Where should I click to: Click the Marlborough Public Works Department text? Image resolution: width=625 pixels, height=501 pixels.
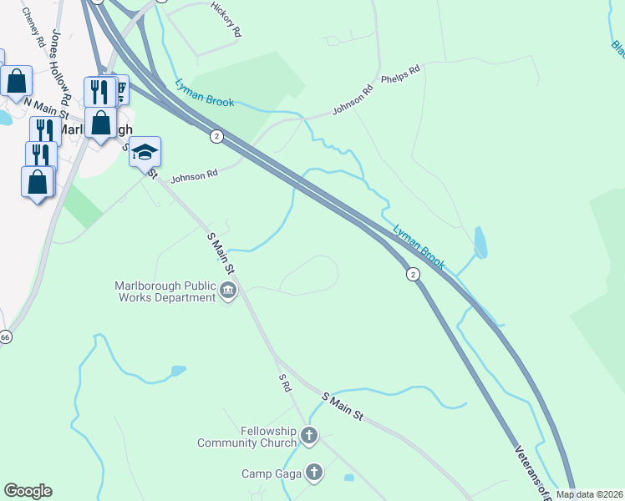tap(165, 291)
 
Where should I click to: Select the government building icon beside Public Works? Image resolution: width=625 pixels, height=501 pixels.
tap(228, 291)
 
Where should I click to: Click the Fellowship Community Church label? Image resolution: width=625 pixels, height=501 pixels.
tap(246, 437)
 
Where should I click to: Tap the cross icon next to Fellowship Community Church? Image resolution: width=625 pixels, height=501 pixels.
tap(309, 435)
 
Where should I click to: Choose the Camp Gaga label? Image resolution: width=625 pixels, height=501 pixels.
tap(270, 473)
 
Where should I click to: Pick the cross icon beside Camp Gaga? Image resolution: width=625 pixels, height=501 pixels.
tap(313, 473)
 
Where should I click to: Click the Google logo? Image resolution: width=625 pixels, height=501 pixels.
tap(28, 491)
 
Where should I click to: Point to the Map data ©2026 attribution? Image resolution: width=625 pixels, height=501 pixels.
tap(589, 494)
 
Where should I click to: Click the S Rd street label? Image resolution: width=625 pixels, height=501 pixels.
tap(284, 382)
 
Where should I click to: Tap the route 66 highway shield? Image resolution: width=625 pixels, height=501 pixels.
tap(5, 337)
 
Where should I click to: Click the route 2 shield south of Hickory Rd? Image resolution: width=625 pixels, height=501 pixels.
tap(216, 136)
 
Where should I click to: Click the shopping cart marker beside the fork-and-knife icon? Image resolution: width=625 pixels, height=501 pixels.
tap(122, 88)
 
